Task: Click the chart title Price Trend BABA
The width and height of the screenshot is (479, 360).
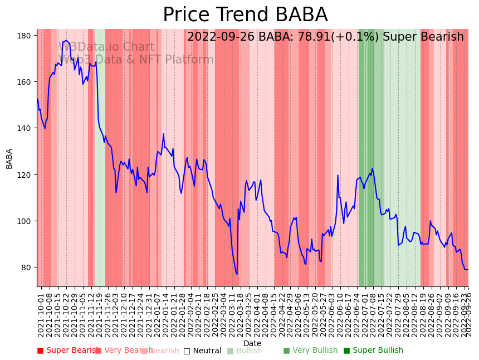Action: pos(245,15)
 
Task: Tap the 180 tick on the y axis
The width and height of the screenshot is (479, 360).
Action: pos(24,35)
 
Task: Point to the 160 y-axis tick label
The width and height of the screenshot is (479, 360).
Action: pos(24,82)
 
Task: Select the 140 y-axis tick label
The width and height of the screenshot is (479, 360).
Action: pos(24,128)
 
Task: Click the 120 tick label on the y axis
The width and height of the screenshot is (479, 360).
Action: pos(24,174)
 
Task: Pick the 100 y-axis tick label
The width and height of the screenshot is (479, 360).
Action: pos(24,221)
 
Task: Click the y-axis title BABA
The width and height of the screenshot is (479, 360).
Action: pos(9,158)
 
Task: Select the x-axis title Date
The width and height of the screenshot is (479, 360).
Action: pos(252,343)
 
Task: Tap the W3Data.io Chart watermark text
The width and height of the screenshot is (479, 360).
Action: pos(106,47)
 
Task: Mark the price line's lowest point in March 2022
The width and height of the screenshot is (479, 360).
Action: pos(237,274)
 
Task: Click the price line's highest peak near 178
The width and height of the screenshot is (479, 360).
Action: pos(66,41)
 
